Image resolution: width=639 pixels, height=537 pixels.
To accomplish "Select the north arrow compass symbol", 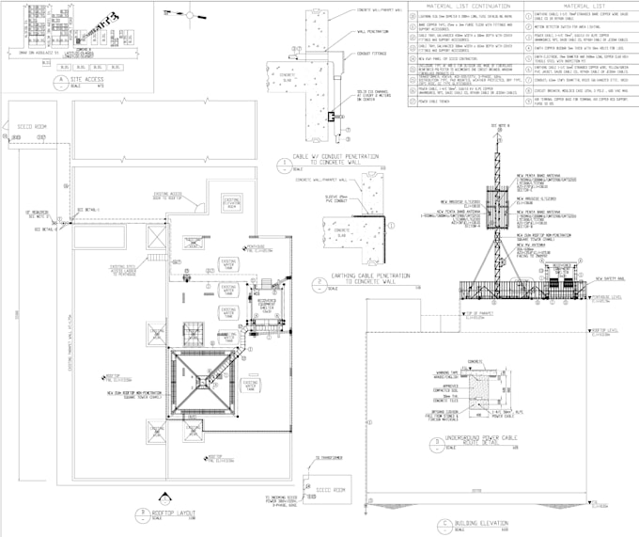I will click(192, 16).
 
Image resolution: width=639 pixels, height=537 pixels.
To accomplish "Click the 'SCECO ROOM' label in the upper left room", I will click(33, 125).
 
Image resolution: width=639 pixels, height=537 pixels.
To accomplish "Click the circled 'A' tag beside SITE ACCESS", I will click(62, 80).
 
